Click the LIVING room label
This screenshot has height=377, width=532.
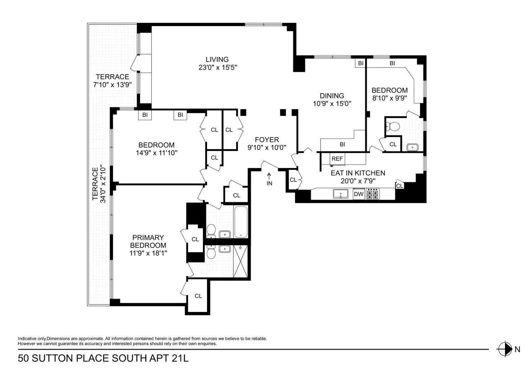point(217,59)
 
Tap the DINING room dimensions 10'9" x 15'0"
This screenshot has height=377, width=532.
point(332,103)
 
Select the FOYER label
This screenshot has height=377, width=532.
point(267,140)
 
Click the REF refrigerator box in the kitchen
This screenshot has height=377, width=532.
point(337,159)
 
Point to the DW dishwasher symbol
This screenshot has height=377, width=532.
point(359,194)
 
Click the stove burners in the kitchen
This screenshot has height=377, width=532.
point(372,194)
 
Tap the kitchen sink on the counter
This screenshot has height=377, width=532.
point(340,194)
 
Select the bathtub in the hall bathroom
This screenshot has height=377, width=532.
point(241,222)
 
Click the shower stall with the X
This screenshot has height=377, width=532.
point(240,261)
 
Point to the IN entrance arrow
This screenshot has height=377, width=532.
point(269,176)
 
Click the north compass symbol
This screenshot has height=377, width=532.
point(505,349)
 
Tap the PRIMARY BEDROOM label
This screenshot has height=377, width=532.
point(148,241)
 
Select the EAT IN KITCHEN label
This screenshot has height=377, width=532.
point(358,173)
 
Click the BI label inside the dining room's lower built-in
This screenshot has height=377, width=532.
point(342,144)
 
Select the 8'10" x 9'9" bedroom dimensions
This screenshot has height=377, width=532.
point(389,98)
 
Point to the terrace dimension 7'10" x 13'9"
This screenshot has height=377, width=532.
point(112,85)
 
